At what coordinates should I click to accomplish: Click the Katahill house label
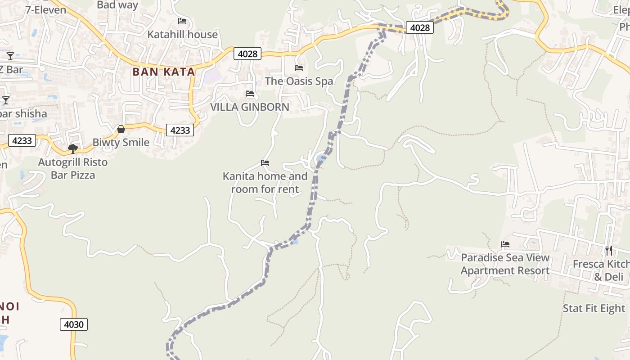point(183,34)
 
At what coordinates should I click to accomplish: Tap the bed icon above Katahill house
point(182,21)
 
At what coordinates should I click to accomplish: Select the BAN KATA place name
point(164,72)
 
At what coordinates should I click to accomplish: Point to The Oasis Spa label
point(299,81)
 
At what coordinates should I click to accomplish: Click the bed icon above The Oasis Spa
point(299,68)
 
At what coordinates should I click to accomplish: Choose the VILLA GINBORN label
point(250,107)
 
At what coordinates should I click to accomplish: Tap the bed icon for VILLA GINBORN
point(250,94)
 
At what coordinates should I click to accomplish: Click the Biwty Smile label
point(121,142)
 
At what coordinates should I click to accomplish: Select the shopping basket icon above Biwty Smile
point(121,130)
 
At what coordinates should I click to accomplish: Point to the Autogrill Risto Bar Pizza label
point(73,168)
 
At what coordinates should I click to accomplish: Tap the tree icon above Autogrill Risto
point(72,148)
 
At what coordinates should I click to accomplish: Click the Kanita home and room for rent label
point(265,183)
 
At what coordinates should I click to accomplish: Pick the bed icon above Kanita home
point(265,163)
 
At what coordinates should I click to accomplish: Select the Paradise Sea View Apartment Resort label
point(505,264)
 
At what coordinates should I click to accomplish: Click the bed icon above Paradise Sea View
point(505,245)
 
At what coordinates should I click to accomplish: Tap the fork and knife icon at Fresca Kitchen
point(608,251)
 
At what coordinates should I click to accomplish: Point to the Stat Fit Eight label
point(594,308)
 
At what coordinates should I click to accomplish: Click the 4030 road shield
point(74,324)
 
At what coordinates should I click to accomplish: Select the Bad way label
point(117,5)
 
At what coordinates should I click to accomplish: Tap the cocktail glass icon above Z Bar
point(10,56)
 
